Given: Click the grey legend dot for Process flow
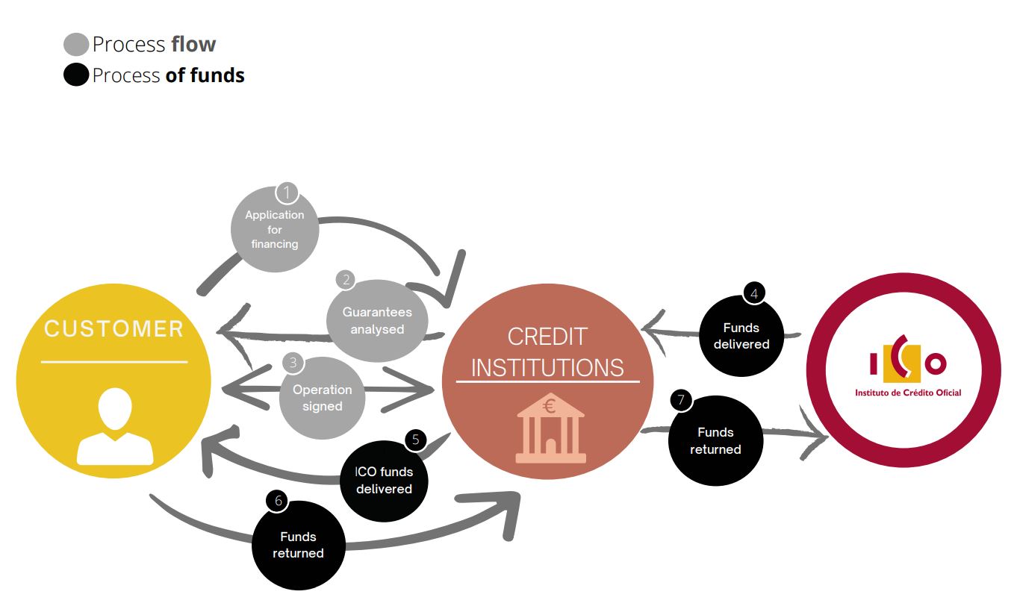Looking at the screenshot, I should coord(76,45).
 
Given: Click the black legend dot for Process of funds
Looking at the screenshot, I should coord(76,75).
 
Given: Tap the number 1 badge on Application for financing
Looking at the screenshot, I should coord(287,193).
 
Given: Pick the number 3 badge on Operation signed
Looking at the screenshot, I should coord(293,363).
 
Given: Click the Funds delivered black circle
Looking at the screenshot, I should coord(741,336).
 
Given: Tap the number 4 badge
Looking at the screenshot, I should coord(754,293).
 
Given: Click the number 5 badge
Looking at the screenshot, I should coord(415,439).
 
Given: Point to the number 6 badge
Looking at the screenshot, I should coord(279,500).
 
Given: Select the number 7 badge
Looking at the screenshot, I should coord(681,400).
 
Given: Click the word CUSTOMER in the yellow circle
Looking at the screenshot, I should coord(114,329).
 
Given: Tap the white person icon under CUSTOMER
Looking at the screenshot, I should coord(115,427).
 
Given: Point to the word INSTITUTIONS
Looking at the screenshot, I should coord(547,367).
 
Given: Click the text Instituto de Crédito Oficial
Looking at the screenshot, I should coord(908,393).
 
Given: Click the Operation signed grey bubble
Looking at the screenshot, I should coord(323,398).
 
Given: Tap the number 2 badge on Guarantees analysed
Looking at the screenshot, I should coord(346,280).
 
